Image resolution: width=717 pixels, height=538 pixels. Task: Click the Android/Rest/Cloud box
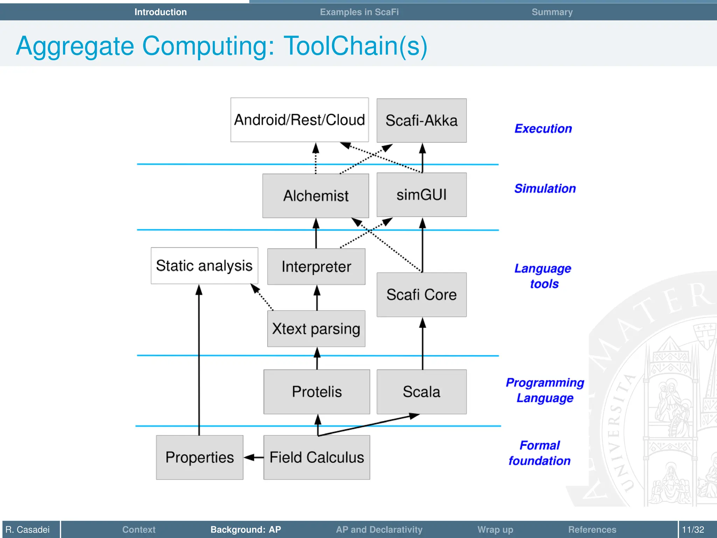point(299,120)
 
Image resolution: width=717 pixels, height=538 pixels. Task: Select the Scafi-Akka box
point(422,120)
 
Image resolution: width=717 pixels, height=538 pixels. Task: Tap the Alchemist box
point(315,196)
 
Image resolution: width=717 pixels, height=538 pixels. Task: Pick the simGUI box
point(422,195)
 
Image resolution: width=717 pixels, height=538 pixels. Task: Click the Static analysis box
point(204,265)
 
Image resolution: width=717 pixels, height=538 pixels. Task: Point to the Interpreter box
point(316,267)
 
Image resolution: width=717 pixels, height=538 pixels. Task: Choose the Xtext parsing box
point(316,329)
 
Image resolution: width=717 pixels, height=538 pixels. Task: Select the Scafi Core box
point(422,295)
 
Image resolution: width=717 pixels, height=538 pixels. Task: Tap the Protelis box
point(316,392)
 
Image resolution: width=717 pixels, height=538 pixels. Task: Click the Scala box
point(422,392)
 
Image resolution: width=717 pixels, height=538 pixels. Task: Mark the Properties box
point(200,457)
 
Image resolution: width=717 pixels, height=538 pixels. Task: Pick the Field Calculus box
point(316,457)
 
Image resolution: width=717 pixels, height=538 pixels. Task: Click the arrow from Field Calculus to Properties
point(253,457)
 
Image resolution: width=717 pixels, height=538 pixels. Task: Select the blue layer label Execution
point(543,129)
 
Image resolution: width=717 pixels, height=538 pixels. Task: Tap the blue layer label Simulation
point(545,188)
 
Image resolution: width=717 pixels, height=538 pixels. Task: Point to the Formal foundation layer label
point(540,453)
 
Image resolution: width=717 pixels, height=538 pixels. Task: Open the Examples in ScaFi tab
point(359,12)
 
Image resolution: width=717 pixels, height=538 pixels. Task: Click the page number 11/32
point(693,529)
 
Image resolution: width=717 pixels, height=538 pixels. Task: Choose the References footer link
point(592,529)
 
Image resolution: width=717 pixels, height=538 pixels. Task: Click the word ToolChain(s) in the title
point(355,46)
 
